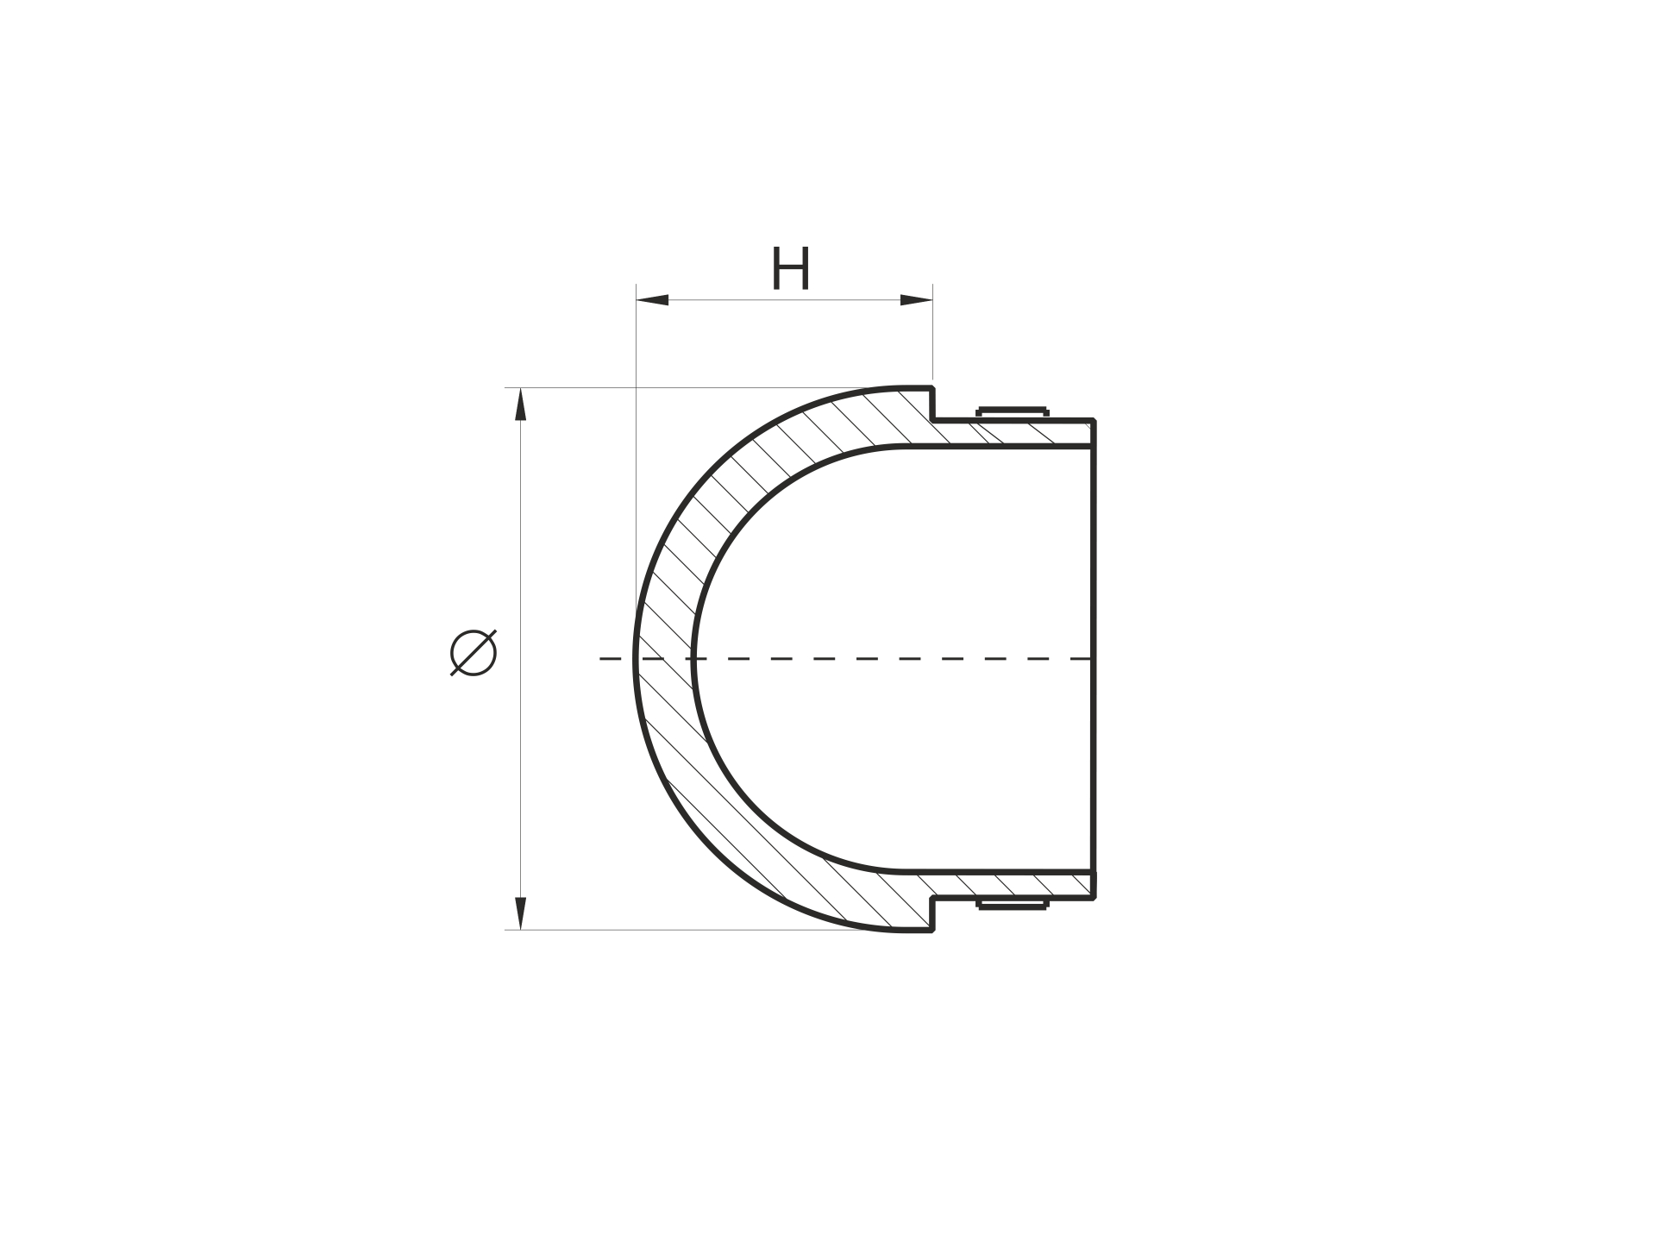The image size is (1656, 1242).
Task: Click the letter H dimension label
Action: click(791, 268)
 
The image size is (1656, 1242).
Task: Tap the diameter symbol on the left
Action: click(474, 652)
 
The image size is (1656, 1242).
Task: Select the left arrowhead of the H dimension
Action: click(653, 300)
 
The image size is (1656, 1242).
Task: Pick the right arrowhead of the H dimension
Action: click(916, 300)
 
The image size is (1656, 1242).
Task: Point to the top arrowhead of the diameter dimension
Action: click(520, 405)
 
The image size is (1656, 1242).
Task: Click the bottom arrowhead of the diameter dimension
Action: click(520, 913)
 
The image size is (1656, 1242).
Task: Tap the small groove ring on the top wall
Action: click(1013, 412)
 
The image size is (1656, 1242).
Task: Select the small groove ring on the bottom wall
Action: click(1013, 904)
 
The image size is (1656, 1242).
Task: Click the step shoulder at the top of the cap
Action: click(933, 405)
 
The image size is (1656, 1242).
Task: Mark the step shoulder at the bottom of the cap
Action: click(933, 914)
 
